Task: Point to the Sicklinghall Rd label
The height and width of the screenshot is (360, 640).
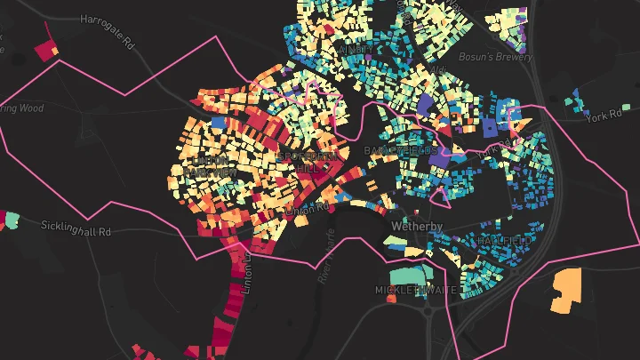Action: pyautogui.click(x=76, y=228)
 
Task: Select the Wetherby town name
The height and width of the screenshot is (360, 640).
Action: pyautogui.click(x=417, y=228)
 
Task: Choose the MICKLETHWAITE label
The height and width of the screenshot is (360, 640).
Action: pyautogui.click(x=417, y=291)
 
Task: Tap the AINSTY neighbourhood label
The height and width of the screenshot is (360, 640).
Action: pyautogui.click(x=354, y=50)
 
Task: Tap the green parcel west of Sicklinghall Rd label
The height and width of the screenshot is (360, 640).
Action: pyautogui.click(x=12, y=218)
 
